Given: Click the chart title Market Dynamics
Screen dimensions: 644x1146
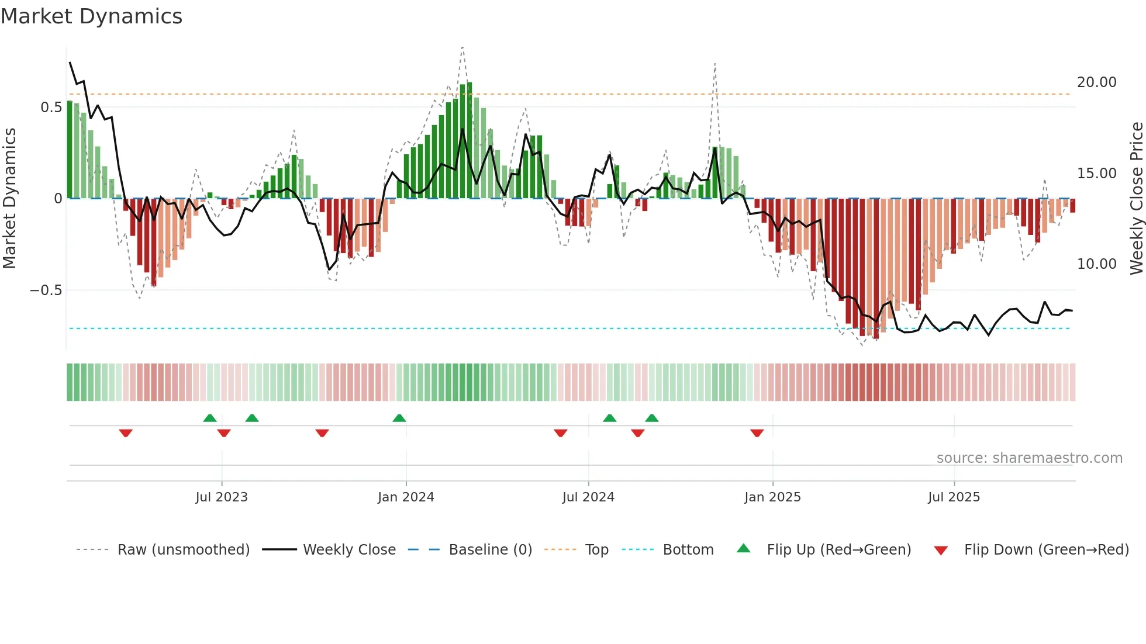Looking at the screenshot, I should click(x=91, y=16).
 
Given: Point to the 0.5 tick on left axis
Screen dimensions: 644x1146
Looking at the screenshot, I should click(x=51, y=108).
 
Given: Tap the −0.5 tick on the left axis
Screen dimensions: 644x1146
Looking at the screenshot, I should click(x=46, y=290).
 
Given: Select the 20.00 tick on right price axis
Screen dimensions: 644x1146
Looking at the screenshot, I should click(x=1096, y=82).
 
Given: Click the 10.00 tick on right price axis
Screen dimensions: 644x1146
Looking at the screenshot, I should click(x=1096, y=264).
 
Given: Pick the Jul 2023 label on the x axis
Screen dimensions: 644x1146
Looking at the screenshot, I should click(x=222, y=497).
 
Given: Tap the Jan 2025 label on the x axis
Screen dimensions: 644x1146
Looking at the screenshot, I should click(x=772, y=497).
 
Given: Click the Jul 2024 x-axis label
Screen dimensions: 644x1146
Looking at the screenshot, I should click(x=588, y=497).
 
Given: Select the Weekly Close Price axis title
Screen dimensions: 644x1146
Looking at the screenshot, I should click(x=1136, y=199).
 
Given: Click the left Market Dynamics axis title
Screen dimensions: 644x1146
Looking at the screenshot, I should click(x=10, y=199).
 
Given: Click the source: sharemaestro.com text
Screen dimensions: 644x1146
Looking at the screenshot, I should click(x=1029, y=458).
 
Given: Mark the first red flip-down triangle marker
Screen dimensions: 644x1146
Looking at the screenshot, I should click(x=126, y=433).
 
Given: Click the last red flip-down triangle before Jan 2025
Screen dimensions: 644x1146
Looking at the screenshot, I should click(x=757, y=433).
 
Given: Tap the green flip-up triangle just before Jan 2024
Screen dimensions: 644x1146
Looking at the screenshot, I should click(x=399, y=418).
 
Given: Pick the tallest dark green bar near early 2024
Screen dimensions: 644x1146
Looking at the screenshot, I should click(x=470, y=140).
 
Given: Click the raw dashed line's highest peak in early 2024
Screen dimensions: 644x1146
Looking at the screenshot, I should click(x=462, y=47).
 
